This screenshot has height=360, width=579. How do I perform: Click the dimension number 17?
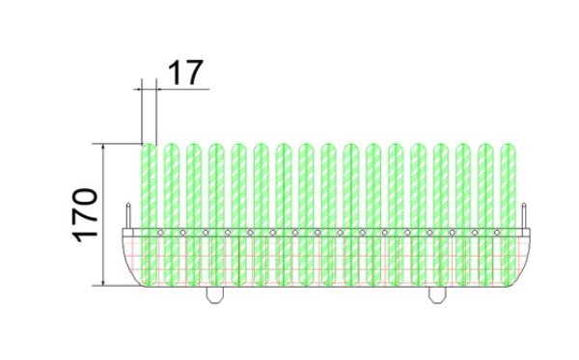[185, 72]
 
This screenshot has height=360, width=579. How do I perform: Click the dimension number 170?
[85, 215]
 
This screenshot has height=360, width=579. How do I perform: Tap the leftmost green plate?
[150, 214]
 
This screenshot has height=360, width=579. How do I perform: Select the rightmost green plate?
[509, 214]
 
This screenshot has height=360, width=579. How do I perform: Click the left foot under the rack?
[215, 295]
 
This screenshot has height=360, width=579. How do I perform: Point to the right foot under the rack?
[437, 295]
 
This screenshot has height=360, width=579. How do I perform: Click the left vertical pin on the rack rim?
[128, 215]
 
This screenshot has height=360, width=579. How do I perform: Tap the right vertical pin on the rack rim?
[524, 215]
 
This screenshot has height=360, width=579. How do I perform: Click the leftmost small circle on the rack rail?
[160, 233]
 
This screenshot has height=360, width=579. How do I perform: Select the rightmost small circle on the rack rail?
[497, 233]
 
